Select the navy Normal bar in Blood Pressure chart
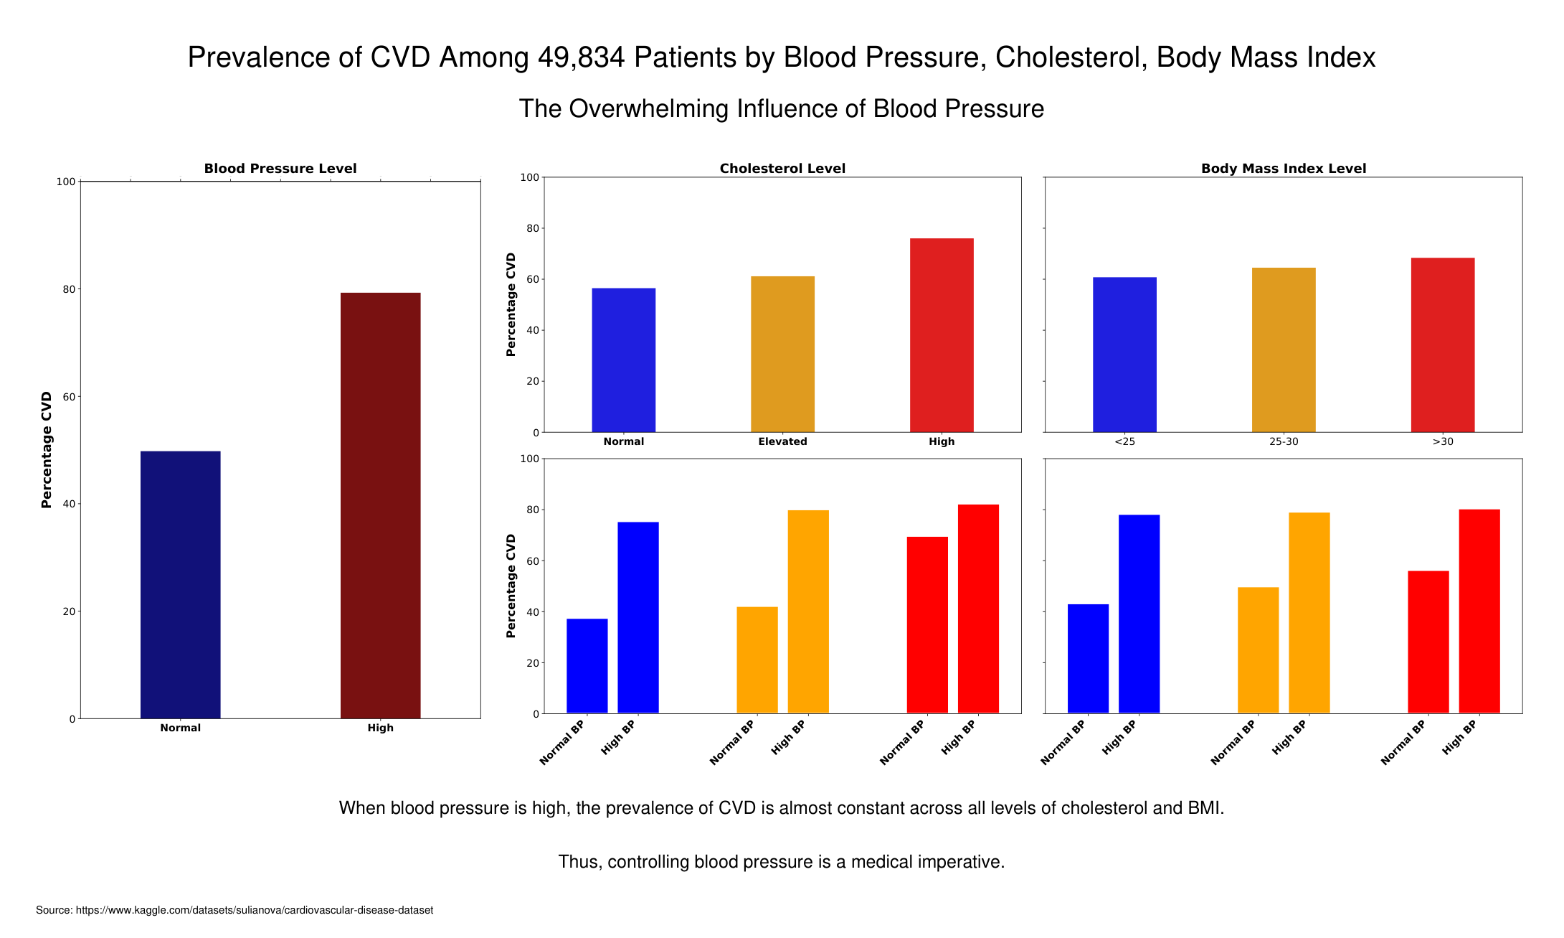180,584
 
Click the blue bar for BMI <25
1124,355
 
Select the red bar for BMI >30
1443,344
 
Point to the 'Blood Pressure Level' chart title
280,169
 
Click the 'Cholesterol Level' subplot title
782,169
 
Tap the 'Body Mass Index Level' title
1284,169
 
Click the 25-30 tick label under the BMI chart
1284,441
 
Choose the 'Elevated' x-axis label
782,441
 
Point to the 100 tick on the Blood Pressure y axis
66,182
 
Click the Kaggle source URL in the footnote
255,910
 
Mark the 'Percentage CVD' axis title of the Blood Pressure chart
47,450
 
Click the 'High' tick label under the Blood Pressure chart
380,728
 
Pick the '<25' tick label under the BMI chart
1124,441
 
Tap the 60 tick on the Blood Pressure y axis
69,397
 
